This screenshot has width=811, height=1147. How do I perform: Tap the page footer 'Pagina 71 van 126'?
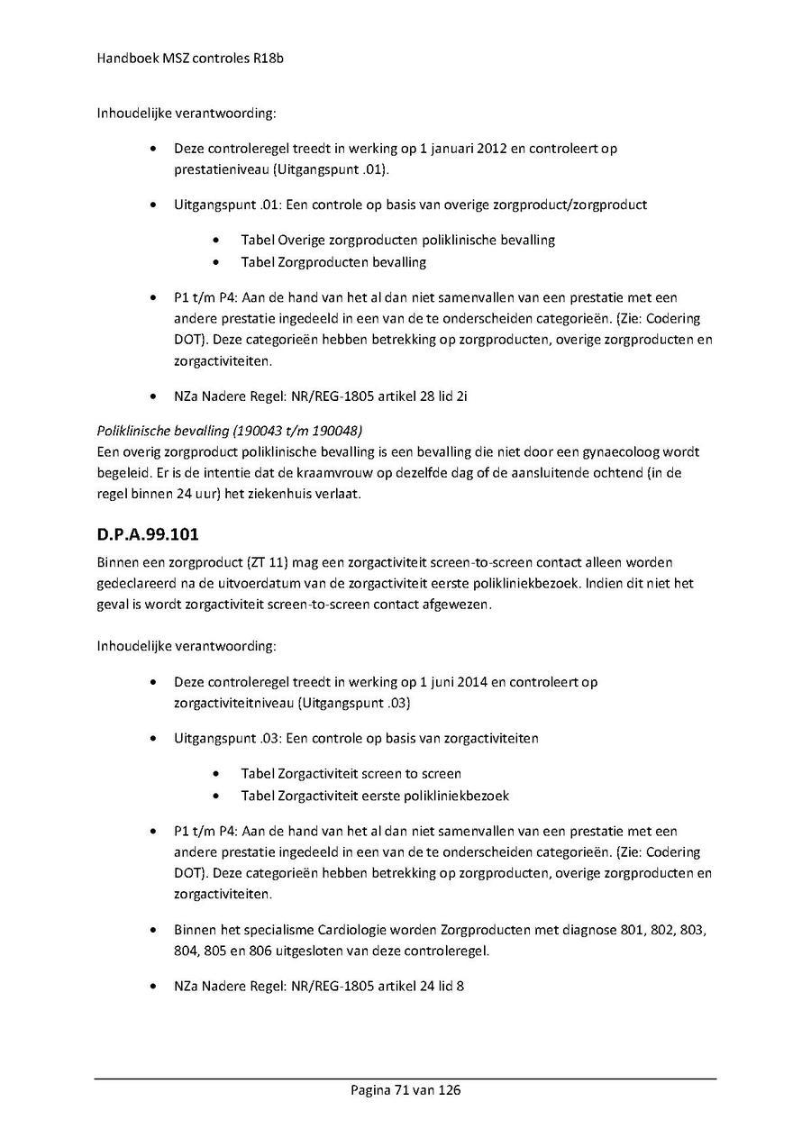[405, 1090]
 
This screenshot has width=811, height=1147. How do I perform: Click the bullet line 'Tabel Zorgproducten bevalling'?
[333, 262]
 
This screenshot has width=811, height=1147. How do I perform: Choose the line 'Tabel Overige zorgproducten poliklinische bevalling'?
[397, 240]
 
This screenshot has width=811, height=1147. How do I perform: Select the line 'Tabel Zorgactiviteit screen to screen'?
[351, 773]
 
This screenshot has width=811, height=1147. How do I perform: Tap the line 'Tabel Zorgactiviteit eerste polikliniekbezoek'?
[375, 796]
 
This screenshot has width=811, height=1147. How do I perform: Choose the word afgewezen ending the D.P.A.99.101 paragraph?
[460, 605]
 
